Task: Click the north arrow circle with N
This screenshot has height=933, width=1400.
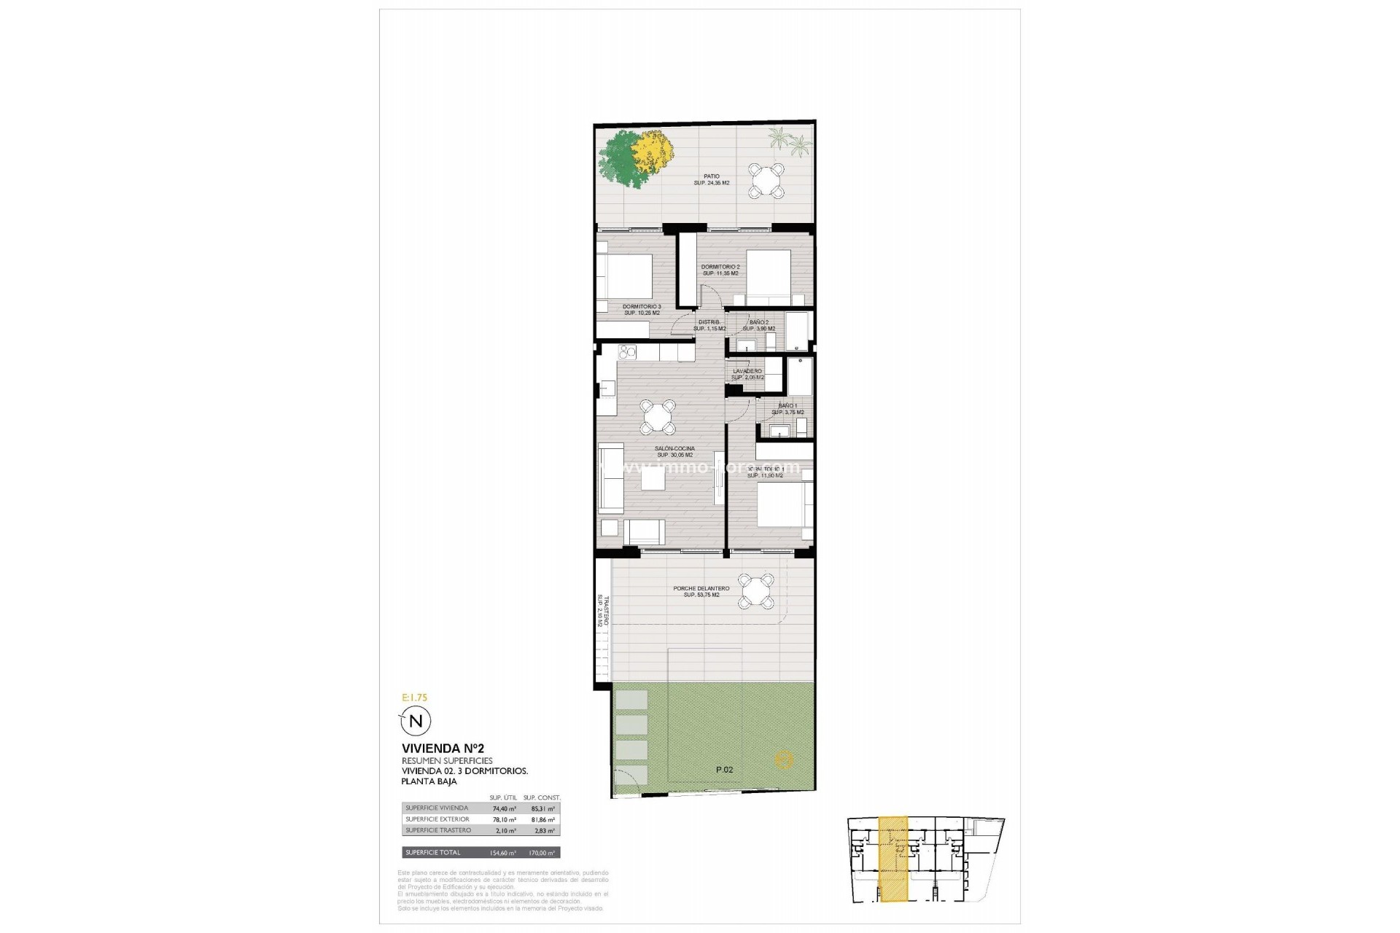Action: pyautogui.click(x=416, y=722)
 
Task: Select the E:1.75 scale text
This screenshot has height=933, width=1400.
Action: pyautogui.click(x=414, y=698)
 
